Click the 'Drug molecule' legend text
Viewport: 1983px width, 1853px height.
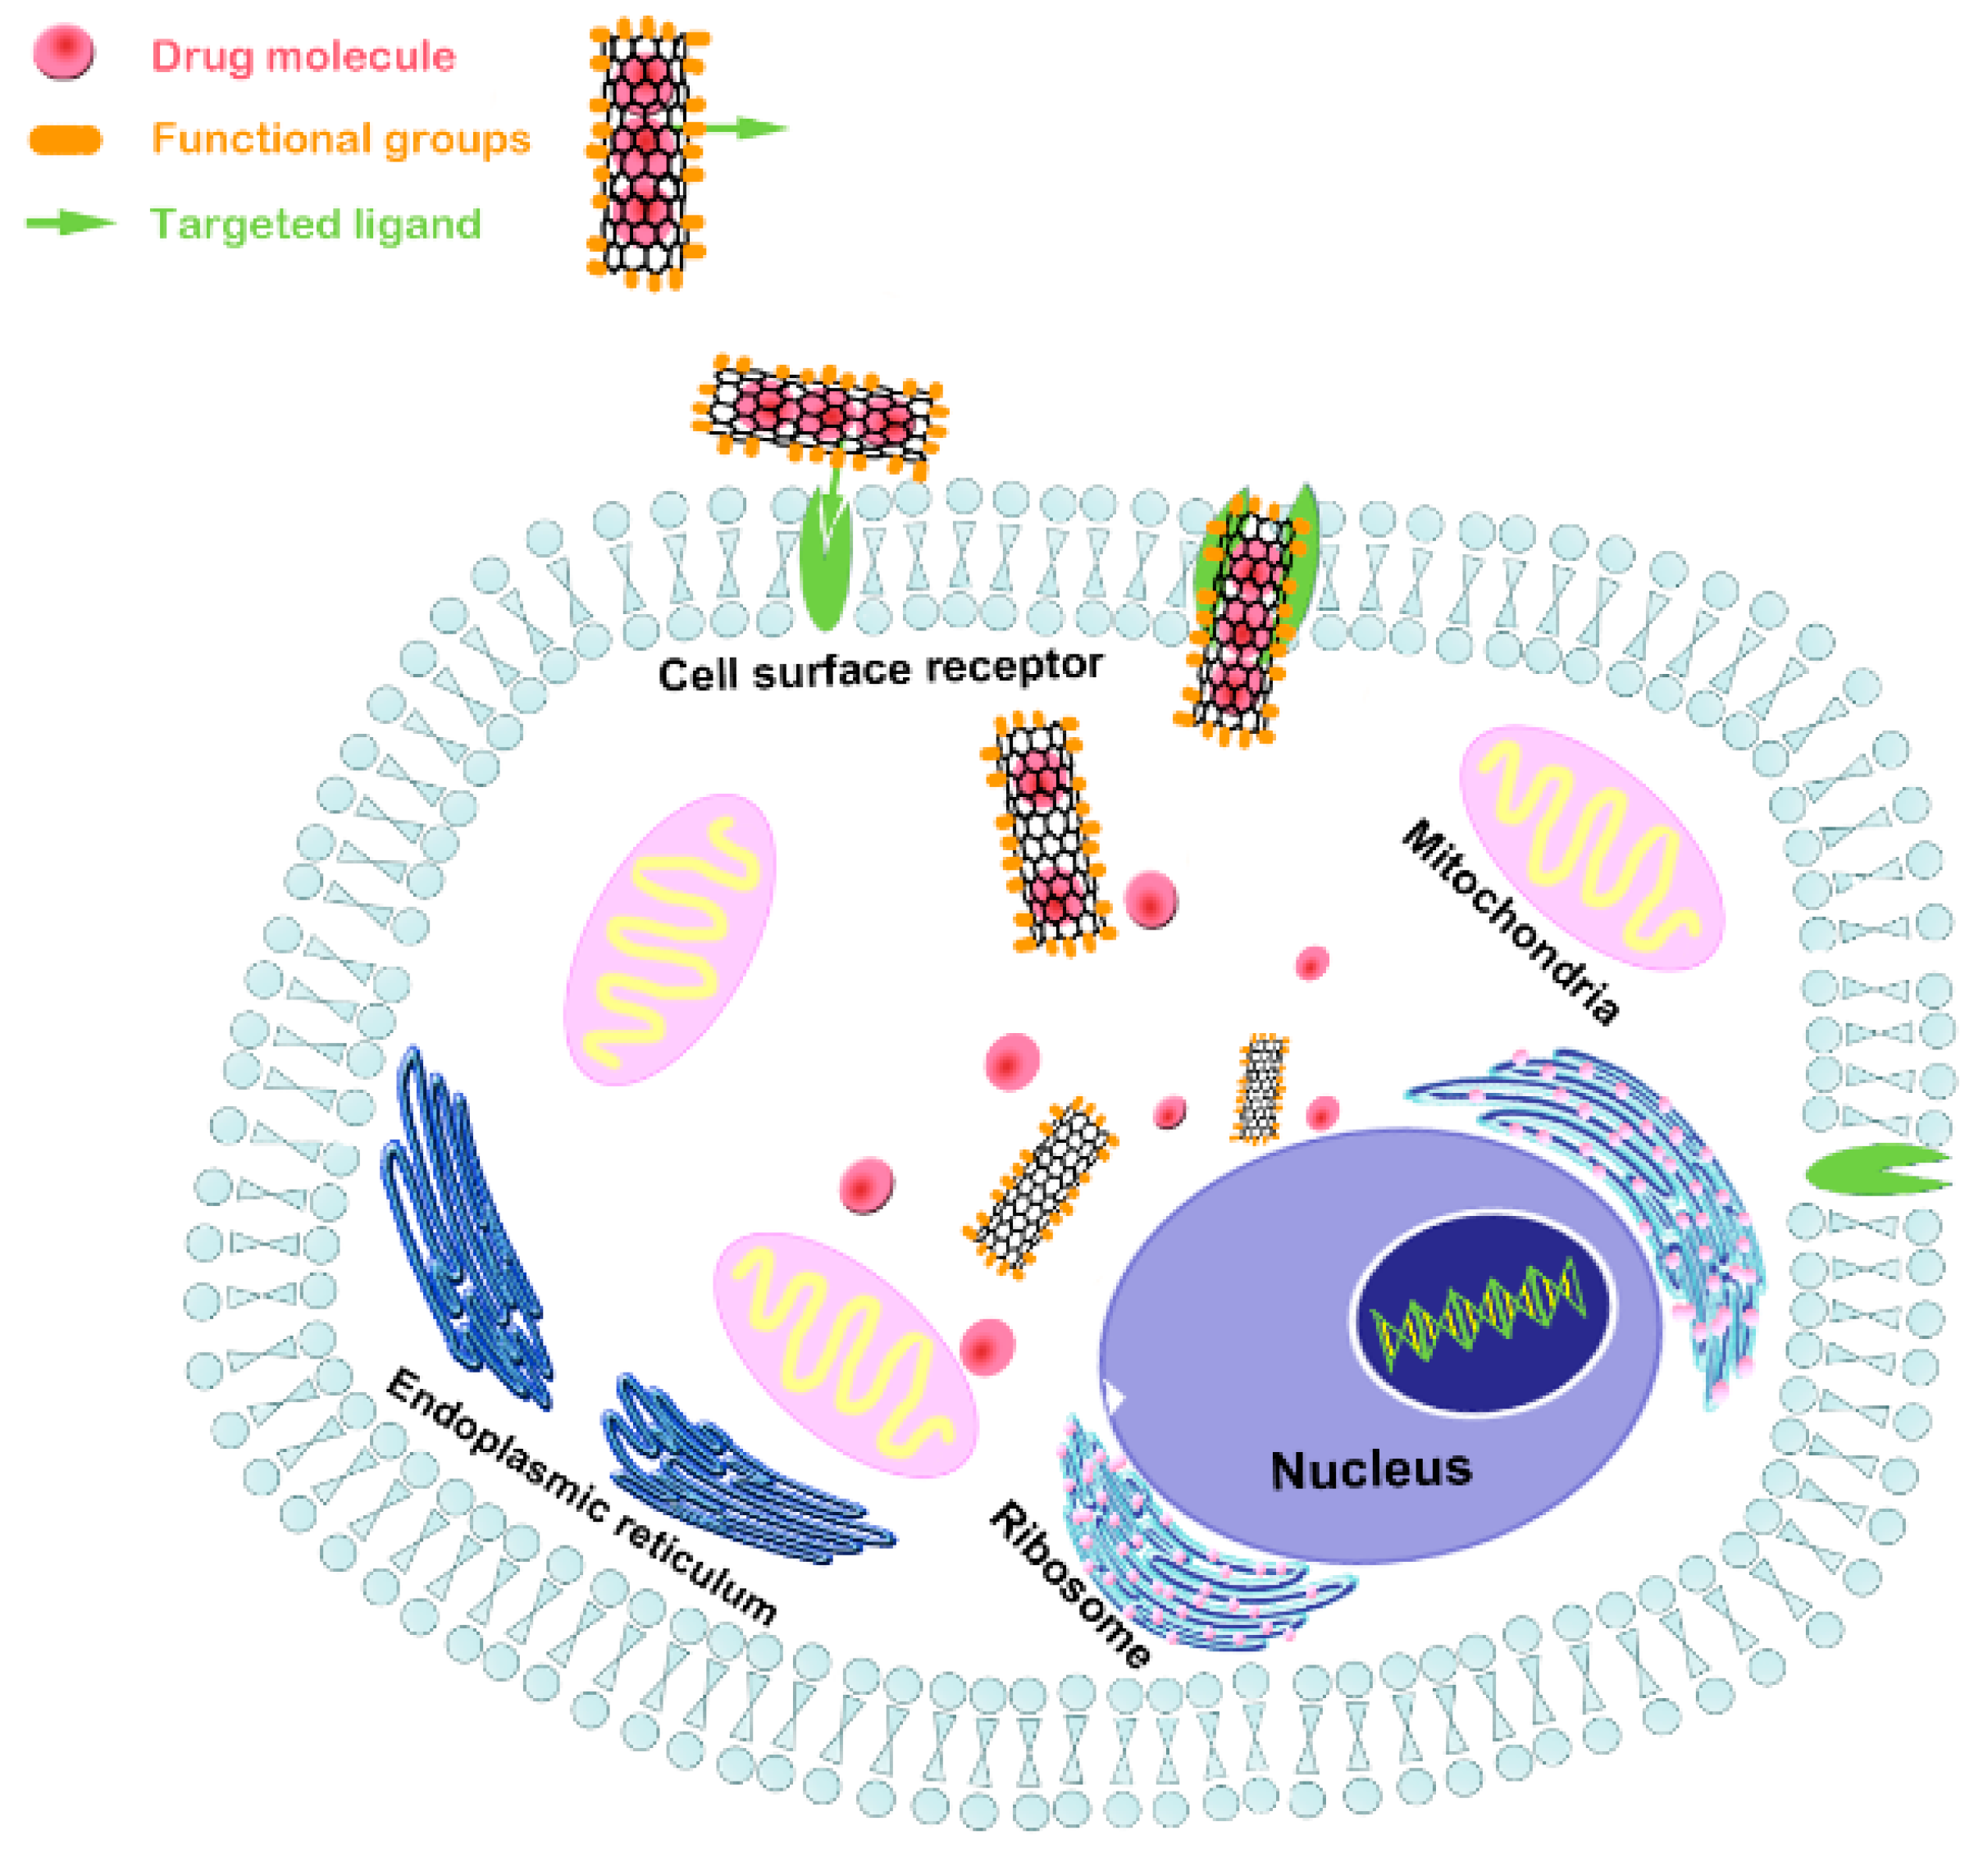[303, 56]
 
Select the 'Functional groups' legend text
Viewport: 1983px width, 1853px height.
[340, 138]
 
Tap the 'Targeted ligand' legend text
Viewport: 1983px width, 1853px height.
[315, 223]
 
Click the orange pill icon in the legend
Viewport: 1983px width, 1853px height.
[66, 139]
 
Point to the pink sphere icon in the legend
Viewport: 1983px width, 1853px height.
[64, 52]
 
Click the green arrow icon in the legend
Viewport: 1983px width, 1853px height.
[70, 222]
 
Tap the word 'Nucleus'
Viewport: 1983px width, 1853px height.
[1370, 1470]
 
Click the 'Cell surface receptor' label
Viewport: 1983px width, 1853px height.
[880, 669]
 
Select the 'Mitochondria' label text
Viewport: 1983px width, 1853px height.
[1512, 921]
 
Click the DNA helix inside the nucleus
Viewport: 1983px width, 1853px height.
[1481, 1313]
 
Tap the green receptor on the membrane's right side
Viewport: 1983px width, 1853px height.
[1876, 1169]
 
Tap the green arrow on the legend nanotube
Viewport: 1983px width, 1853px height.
[743, 128]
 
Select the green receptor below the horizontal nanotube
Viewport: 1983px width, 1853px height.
[825, 568]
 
